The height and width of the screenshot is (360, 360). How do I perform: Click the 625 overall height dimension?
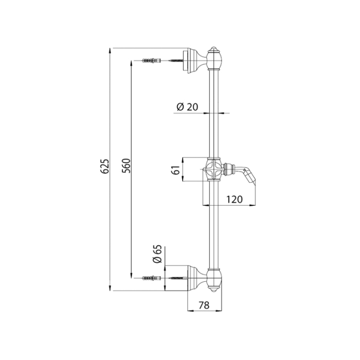105,166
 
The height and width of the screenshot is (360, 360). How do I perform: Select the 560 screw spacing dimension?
126,166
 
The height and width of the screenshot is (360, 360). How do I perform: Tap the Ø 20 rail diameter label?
187,107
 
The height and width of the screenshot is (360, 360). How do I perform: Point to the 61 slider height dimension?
176,170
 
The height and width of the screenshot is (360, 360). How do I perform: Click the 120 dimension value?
235,200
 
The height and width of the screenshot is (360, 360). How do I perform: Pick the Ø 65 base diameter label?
157,254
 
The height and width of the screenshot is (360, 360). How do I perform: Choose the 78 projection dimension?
204,305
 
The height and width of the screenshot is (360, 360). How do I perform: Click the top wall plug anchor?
152,61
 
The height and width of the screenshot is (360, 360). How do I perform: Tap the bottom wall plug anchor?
152,278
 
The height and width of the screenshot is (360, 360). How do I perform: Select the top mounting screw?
176,61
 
